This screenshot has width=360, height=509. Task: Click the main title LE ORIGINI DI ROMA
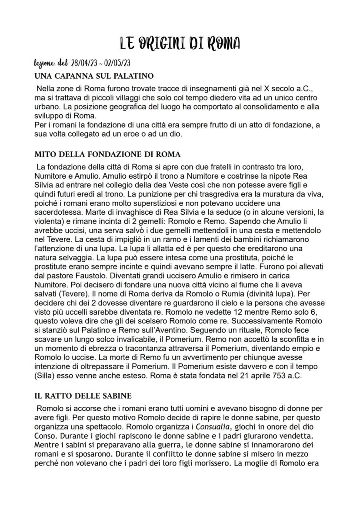pos(180,43)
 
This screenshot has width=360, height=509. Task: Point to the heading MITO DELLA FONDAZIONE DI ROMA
pos(107,154)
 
